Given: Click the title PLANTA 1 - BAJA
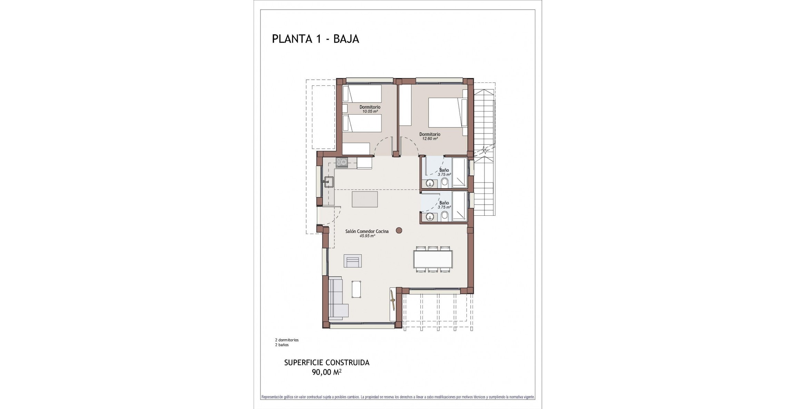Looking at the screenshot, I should [315, 39].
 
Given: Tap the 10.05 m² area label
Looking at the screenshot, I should [370, 111].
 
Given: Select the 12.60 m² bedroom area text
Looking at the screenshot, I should [429, 139].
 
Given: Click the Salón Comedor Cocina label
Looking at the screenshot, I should [367, 231].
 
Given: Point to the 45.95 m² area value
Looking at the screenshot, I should [367, 236].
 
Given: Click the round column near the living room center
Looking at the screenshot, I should [399, 230].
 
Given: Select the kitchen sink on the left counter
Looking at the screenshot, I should [86, 181].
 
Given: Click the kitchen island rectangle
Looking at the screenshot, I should [364, 199].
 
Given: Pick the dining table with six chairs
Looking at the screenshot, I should [433, 259].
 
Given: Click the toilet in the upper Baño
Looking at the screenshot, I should [445, 182].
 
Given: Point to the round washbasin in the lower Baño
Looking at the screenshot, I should [430, 217].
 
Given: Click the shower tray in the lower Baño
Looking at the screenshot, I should [459, 206].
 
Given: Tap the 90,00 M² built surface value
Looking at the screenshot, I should [326, 372].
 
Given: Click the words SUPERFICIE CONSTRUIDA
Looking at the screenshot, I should [326, 363].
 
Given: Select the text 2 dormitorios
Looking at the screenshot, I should [287, 340].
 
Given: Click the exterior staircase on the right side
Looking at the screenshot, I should [484, 152].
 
